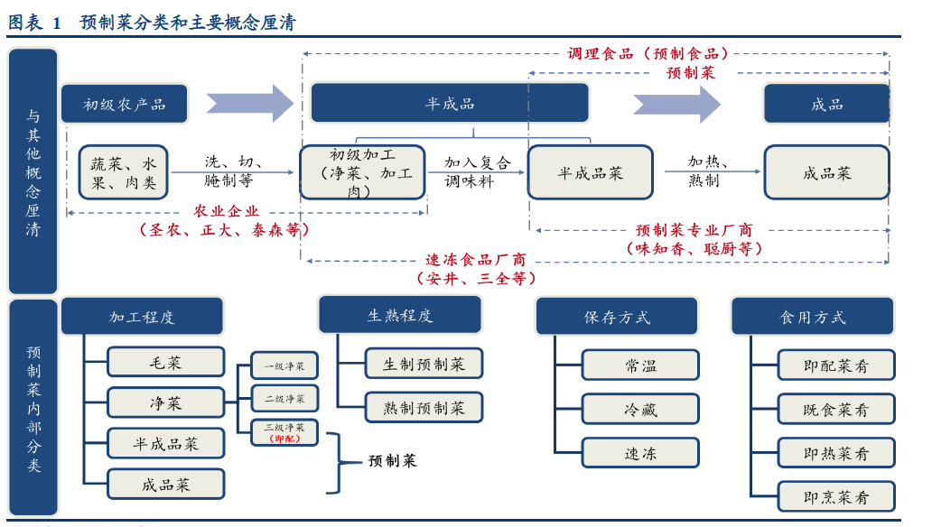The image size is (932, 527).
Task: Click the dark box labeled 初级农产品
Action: point(125,104)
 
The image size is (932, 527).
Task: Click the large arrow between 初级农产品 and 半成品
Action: point(249,104)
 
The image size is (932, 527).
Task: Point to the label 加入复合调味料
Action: point(477,172)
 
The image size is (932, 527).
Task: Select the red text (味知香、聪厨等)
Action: point(694,248)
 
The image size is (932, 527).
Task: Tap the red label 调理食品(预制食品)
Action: point(648,54)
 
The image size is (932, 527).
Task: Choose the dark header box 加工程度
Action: point(142,317)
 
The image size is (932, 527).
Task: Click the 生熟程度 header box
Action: point(399,315)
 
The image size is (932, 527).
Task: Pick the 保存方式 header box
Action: point(616,317)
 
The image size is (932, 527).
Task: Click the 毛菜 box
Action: point(165,362)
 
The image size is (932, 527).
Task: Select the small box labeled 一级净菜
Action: point(284,365)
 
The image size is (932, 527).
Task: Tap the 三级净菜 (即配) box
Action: point(284,432)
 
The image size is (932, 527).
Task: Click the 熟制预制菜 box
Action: point(424,407)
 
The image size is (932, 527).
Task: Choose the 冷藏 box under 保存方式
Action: point(640,409)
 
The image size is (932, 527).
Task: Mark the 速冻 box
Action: point(640,453)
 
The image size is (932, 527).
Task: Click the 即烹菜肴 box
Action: point(835,496)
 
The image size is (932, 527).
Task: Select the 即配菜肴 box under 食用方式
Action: point(835,365)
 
